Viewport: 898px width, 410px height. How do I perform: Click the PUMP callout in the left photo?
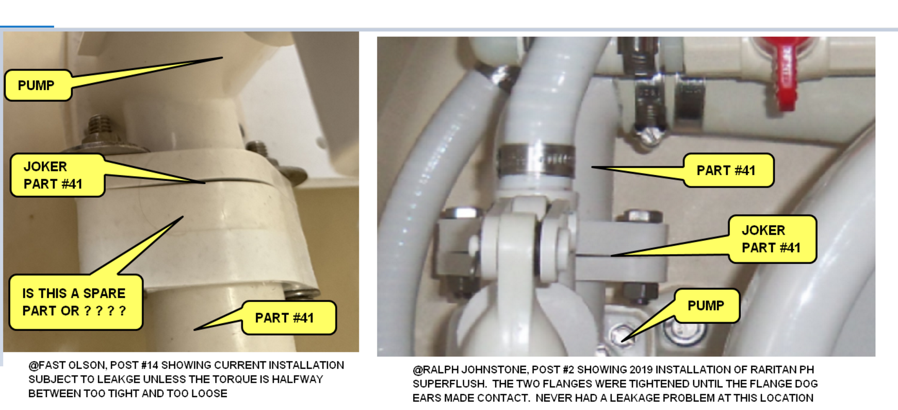[37, 85]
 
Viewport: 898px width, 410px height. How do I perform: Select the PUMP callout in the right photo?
[706, 305]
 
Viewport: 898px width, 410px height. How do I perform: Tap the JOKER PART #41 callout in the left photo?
[57, 175]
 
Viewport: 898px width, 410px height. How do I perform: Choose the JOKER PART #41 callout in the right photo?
[772, 239]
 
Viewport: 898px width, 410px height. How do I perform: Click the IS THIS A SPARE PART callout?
[75, 302]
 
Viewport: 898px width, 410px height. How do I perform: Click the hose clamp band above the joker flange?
[536, 161]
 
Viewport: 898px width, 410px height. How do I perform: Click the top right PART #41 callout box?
[728, 170]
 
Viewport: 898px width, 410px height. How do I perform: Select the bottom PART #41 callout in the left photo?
[288, 318]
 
